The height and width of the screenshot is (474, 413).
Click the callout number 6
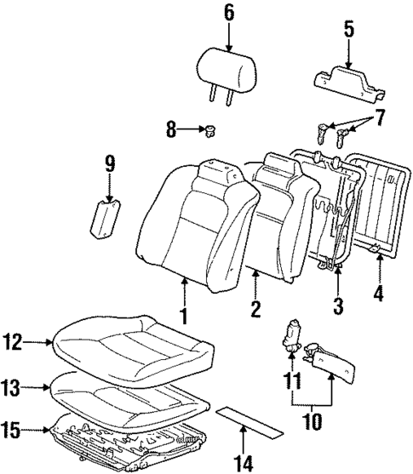pos(227,12)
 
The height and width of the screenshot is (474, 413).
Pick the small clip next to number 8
pos(207,130)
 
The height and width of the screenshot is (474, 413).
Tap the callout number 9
pos(108,163)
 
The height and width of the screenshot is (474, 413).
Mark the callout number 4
pos(379,294)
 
